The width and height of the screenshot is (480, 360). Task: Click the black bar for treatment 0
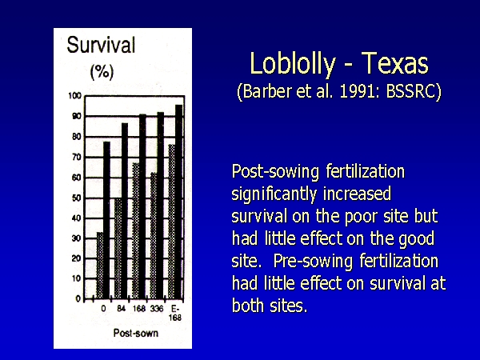106,220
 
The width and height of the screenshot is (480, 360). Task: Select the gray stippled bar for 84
118,249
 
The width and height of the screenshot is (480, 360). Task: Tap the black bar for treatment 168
142,206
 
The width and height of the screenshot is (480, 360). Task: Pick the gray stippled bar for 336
154,236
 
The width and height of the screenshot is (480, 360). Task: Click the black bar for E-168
178,202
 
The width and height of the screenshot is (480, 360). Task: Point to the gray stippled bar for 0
100,266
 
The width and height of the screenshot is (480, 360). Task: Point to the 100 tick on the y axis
74,96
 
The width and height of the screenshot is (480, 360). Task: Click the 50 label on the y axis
77,198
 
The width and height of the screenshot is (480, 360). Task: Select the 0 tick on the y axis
78,298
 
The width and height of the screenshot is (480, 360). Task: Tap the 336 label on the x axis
157,309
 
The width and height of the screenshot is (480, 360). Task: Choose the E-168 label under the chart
175,313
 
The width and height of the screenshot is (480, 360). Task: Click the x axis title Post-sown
136,333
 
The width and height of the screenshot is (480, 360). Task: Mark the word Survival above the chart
101,45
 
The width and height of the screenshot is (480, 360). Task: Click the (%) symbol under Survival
102,72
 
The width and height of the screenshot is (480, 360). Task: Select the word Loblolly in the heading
293,64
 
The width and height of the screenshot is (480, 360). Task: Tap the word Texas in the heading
394,62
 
